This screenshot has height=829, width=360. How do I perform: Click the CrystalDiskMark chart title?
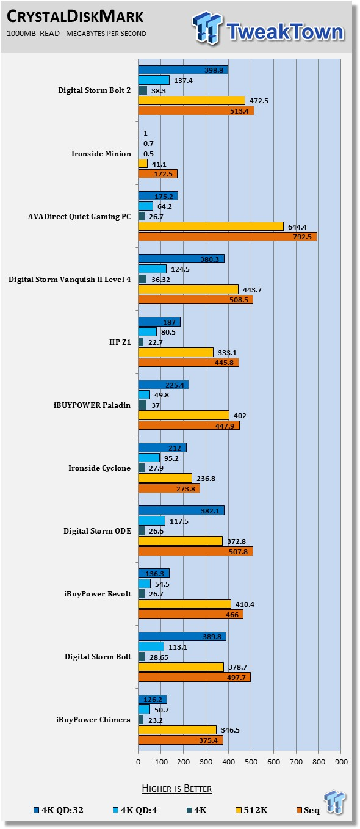pyautogui.click(x=75, y=16)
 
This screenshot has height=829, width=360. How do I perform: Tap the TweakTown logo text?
pyautogui.click(x=285, y=31)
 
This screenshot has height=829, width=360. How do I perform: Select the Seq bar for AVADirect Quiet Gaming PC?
pyautogui.click(x=228, y=236)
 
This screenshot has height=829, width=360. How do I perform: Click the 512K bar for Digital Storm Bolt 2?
pyautogui.click(x=192, y=100)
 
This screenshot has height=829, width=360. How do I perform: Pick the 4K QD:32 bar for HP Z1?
pyautogui.click(x=159, y=322)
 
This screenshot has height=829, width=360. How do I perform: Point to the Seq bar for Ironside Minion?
pyautogui.click(x=157, y=173)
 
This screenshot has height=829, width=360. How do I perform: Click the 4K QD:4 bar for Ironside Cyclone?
pyautogui.click(x=149, y=458)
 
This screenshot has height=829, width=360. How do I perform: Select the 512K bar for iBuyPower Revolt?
pyautogui.click(x=185, y=604)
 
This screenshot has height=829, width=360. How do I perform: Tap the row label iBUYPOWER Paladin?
pyautogui.click(x=92, y=405)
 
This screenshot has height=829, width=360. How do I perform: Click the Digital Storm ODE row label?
pyautogui.click(x=97, y=530)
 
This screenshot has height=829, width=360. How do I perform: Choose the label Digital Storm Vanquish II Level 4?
pyautogui.click(x=70, y=279)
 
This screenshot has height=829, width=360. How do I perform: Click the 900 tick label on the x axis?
pyautogui.click(x=341, y=762)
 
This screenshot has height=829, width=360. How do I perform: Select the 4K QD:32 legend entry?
pyautogui.click(x=59, y=810)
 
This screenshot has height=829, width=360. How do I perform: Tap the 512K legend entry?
pyautogui.click(x=251, y=810)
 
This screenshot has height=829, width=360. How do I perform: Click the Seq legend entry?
pyautogui.click(x=308, y=810)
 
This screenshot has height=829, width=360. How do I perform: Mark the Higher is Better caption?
pyautogui.click(x=177, y=789)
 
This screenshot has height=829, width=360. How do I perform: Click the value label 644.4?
pyautogui.click(x=298, y=227)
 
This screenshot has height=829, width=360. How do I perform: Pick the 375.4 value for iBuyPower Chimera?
pyautogui.click(x=208, y=740)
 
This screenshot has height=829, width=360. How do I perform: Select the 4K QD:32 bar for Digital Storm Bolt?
pyautogui.click(x=182, y=636)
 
